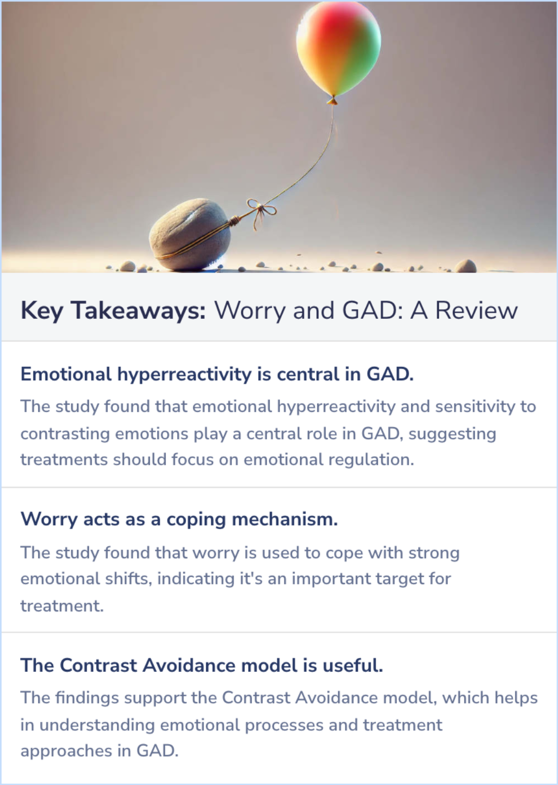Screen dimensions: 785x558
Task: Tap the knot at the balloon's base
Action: pyautogui.click(x=333, y=100)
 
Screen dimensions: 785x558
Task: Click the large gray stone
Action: pyautogui.click(x=190, y=235)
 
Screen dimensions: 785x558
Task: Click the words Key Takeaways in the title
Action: pyautogui.click(x=113, y=311)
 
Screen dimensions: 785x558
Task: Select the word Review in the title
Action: pyautogui.click(x=476, y=311)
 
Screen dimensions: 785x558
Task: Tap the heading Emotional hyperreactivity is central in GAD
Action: pyautogui.click(x=217, y=374)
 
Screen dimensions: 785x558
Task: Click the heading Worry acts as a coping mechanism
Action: pyautogui.click(x=179, y=519)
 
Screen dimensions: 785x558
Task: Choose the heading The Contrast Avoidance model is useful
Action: pyautogui.click(x=202, y=665)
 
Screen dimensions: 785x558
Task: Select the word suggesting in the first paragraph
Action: pyautogui.click(x=452, y=434)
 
